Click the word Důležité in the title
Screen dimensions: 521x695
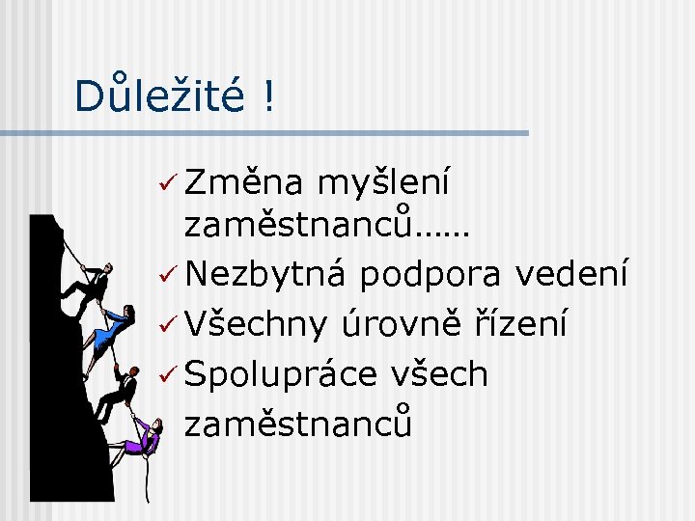pyautogui.click(x=160, y=95)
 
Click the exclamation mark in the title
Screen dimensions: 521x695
pyautogui.click(x=265, y=95)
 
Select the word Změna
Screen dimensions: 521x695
pyautogui.click(x=241, y=180)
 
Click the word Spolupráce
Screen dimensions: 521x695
pyautogui.click(x=281, y=374)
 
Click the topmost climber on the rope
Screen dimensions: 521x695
pyautogui.click(x=89, y=283)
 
